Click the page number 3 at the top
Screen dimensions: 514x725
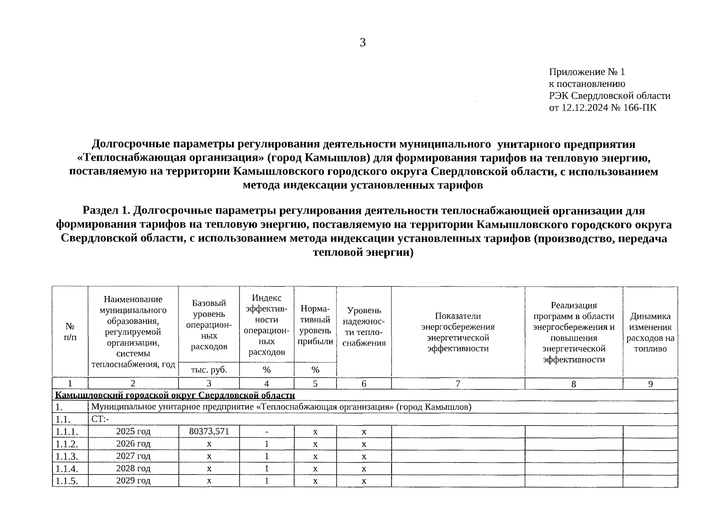click(x=362, y=43)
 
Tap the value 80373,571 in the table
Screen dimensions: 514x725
click(x=209, y=431)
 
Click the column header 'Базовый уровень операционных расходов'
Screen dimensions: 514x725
click(x=209, y=325)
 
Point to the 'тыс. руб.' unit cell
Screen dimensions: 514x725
click(x=209, y=370)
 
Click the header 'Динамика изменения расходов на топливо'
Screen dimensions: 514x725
click(x=650, y=332)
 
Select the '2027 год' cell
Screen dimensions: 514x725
click(x=133, y=456)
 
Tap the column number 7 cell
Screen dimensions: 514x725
click(x=458, y=384)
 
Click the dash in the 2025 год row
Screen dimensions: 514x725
click(x=267, y=432)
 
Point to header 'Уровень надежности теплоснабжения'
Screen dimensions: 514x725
click(x=364, y=326)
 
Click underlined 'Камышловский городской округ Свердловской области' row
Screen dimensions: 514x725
click(x=175, y=395)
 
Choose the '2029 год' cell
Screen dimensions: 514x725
click(x=133, y=481)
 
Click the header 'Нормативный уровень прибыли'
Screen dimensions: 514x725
click(x=315, y=325)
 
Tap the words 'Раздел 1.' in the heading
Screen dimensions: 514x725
click(x=105, y=211)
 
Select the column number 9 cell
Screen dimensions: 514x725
click(x=650, y=384)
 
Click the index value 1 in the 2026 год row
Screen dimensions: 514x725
click(x=267, y=444)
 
